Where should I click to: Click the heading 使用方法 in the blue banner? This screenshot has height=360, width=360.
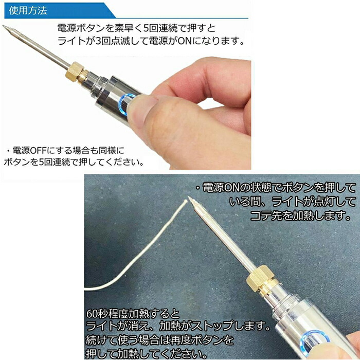(x=28, y=11)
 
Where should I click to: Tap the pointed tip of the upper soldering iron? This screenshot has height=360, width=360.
(x=3, y=26)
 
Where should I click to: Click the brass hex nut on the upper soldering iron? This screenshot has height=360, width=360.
(x=74, y=71)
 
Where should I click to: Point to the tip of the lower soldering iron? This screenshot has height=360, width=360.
(x=189, y=197)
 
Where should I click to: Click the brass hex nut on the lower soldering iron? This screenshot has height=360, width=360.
(x=260, y=280)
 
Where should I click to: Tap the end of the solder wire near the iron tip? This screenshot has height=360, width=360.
(x=185, y=201)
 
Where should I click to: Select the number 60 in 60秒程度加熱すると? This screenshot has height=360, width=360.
(x=92, y=313)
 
